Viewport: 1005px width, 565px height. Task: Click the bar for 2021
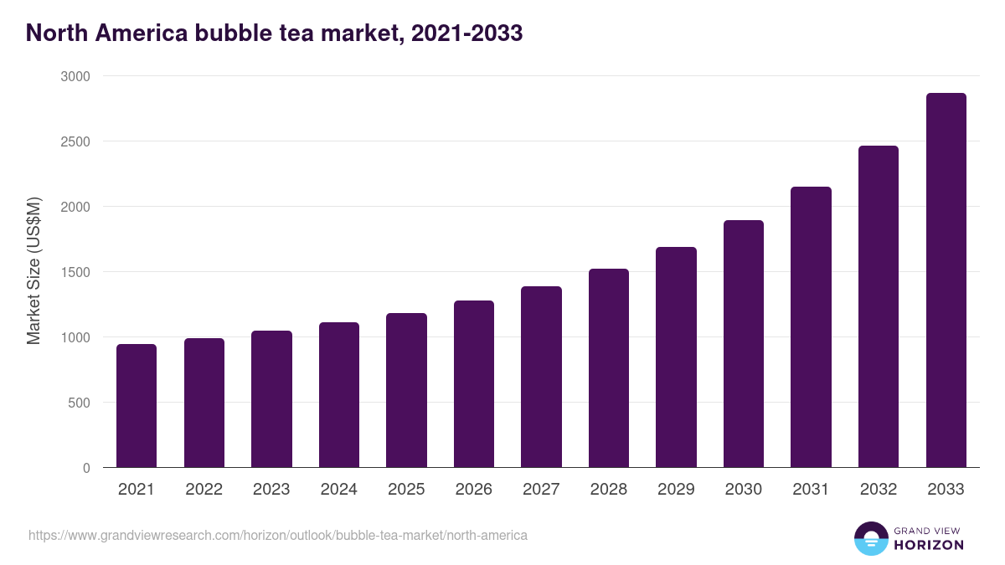pos(137,406)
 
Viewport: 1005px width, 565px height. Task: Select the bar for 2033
pos(946,280)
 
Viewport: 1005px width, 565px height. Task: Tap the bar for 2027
pos(541,377)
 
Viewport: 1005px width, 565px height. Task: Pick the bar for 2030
pos(744,344)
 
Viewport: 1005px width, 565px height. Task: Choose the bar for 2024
pos(339,395)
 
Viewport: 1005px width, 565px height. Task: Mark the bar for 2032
pos(879,306)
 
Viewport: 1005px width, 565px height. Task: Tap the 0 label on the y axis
pos(86,468)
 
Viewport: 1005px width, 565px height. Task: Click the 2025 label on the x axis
pos(406,490)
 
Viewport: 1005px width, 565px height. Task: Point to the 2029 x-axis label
pos(676,490)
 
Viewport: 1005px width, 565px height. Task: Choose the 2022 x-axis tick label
pos(204,490)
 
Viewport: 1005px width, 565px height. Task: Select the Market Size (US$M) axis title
pos(33,272)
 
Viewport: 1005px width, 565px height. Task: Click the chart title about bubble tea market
pos(275,33)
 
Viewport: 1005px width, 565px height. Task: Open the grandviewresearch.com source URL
pos(278,535)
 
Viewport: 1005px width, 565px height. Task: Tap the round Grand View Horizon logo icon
pos(870,538)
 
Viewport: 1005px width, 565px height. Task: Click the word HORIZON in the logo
pos(929,545)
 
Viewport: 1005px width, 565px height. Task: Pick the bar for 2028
pos(609,368)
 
